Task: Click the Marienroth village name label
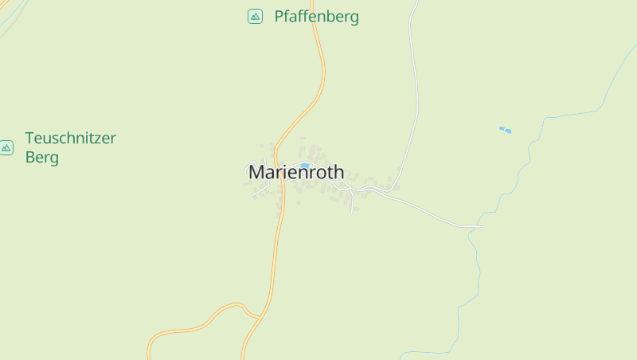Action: [x=296, y=172]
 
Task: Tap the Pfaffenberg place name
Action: [x=316, y=16]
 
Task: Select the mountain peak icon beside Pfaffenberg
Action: [x=255, y=16]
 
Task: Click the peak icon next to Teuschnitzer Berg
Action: [x=6, y=147]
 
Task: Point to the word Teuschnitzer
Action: [x=70, y=138]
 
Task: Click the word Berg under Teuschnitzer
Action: [x=41, y=157]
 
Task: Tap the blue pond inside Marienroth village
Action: [x=304, y=166]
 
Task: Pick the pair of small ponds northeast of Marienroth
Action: [x=505, y=129]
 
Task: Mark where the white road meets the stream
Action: [x=478, y=227]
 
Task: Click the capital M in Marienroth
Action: [x=257, y=172]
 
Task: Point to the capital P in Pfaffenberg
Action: [x=279, y=16]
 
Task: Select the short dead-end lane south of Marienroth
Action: [x=351, y=202]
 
